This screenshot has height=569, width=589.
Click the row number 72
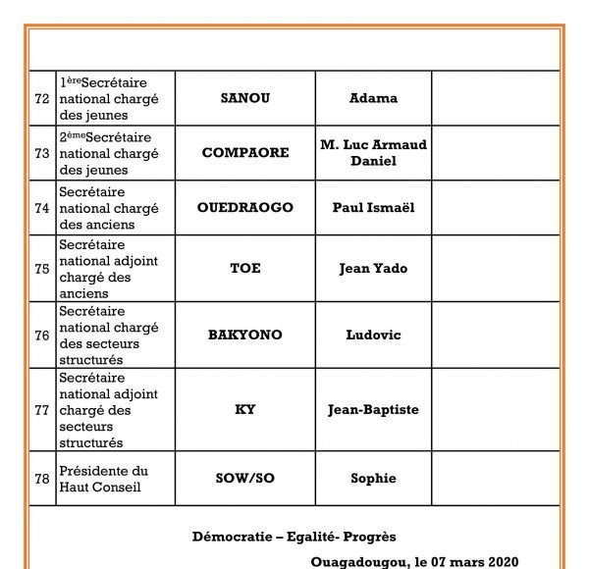click(42, 98)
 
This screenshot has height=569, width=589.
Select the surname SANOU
click(244, 98)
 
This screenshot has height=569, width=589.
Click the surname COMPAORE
click(244, 153)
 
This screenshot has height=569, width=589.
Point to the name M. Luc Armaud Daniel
click(373, 153)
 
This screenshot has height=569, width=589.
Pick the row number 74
click(42, 208)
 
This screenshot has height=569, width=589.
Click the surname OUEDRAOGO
click(244, 208)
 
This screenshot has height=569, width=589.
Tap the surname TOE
click(244, 268)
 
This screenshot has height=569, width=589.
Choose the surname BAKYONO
click(244, 335)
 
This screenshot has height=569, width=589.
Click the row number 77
click(42, 409)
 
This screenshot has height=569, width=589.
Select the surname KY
click(244, 409)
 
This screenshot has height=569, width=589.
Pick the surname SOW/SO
click(244, 478)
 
